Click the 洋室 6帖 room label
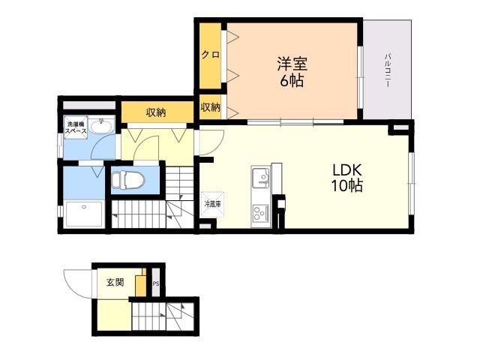coord(292,72)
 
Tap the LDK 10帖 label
coord(347,178)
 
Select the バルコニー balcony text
coord(388,70)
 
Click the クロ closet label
coord(210,55)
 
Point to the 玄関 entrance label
coord(115,282)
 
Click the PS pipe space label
coord(156,283)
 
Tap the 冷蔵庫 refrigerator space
coord(212,204)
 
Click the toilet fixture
coord(128,180)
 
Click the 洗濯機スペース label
coord(76,127)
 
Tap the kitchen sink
coord(261,178)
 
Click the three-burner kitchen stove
coord(260,212)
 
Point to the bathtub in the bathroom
coord(84,214)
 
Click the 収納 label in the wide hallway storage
coord(156,112)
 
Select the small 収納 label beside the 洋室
coord(210,107)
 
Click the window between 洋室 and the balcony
coord(360,77)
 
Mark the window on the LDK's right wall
coord(412,183)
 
